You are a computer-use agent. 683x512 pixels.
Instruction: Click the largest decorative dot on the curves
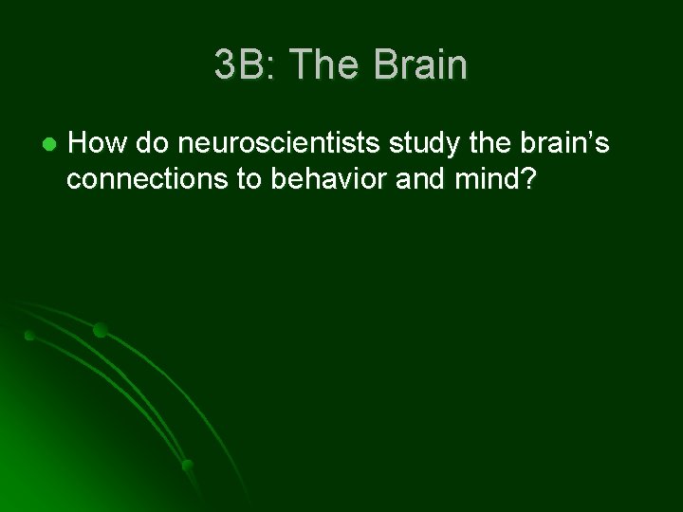pyautogui.click(x=100, y=330)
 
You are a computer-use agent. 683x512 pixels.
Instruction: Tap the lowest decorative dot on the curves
pyautogui.click(x=187, y=464)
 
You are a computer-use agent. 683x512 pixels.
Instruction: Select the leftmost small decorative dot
pyautogui.click(x=29, y=336)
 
